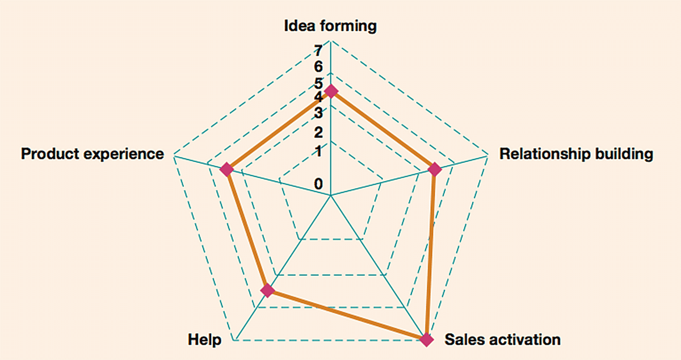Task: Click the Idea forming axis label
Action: (330, 26)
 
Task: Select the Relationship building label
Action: (576, 154)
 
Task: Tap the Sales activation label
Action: (502, 340)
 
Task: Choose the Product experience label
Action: (93, 154)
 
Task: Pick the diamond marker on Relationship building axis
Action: (435, 169)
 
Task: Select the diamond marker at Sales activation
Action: (427, 340)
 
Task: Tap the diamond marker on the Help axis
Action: (267, 291)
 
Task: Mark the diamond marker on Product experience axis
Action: (227, 169)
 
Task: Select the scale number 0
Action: (318, 184)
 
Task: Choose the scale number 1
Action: (318, 151)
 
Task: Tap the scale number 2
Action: (318, 133)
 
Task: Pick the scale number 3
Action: (318, 111)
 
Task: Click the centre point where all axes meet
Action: (330, 195)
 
